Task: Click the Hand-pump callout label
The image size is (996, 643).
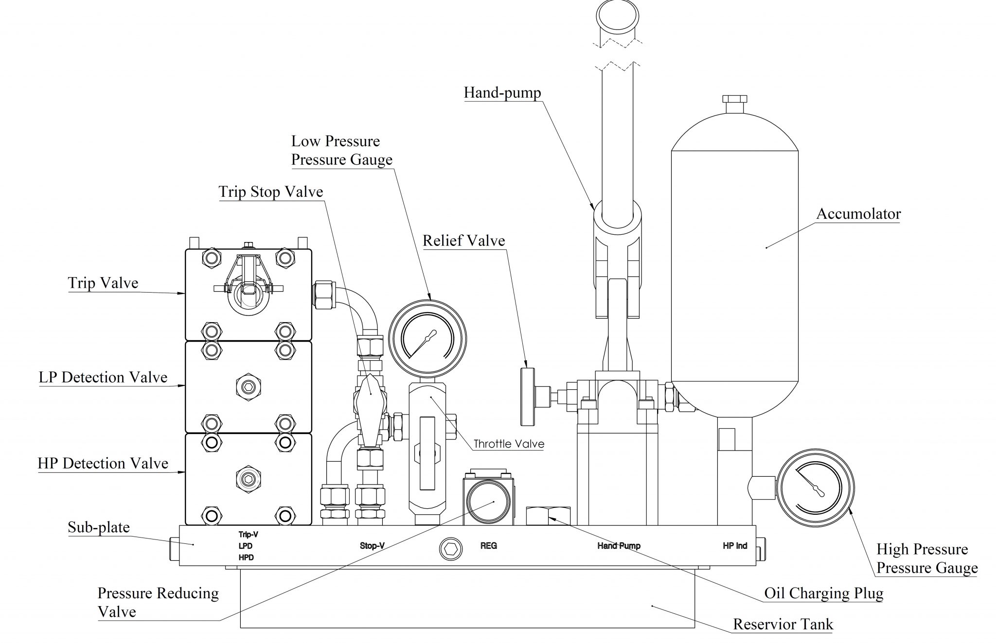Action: (502, 92)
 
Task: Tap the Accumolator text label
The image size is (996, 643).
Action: (858, 214)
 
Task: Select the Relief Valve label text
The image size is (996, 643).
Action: (463, 241)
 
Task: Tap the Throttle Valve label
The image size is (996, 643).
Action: (509, 444)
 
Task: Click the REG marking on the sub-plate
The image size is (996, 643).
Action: (488, 546)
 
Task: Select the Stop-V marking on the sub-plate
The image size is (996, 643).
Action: (372, 546)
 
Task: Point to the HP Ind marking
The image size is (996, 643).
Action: (734, 546)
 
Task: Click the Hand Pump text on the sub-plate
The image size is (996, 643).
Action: (619, 546)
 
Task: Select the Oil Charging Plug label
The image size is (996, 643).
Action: (823, 593)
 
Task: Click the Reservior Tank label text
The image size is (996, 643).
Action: (783, 624)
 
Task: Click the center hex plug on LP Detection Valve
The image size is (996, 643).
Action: (248, 387)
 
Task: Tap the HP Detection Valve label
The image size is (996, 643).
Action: (103, 464)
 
